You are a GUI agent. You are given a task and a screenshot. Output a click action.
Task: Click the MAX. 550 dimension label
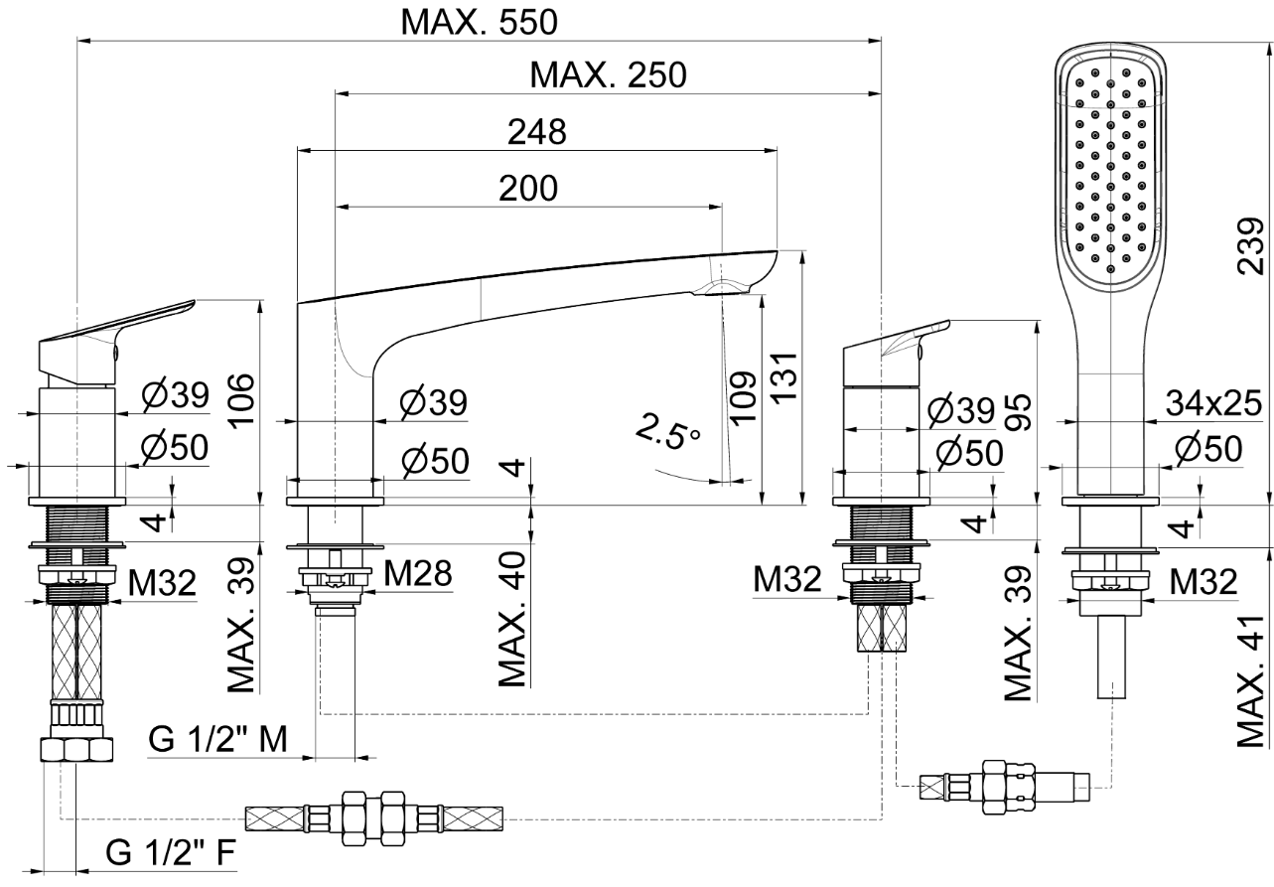[480, 21]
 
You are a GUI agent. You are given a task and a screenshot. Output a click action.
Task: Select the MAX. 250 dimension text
[608, 74]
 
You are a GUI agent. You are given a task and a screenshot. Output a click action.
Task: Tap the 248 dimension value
[536, 132]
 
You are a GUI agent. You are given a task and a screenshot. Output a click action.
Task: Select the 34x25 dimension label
[1212, 403]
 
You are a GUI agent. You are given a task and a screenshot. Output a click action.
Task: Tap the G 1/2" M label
[218, 738]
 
